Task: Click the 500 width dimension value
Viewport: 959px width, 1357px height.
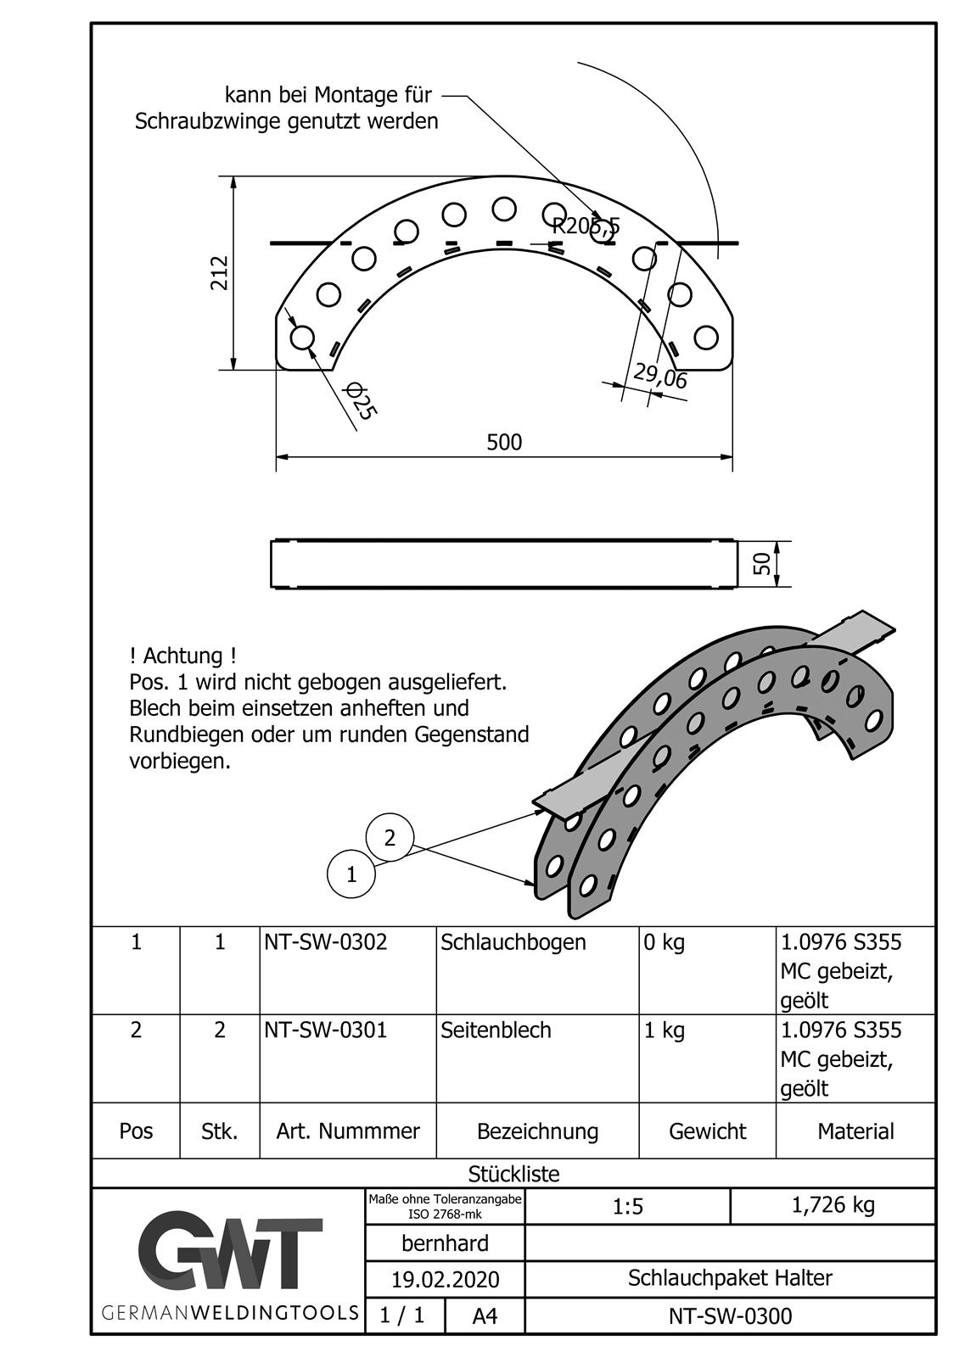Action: pyautogui.click(x=504, y=442)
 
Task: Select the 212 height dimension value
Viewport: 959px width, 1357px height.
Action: pyautogui.click(x=220, y=272)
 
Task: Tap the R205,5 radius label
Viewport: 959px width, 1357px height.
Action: pyautogui.click(x=586, y=226)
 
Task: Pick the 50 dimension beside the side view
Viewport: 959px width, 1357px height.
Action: pyautogui.click(x=762, y=563)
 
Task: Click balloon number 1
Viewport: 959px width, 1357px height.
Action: pyautogui.click(x=351, y=874)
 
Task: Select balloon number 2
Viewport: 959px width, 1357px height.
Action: pyautogui.click(x=390, y=838)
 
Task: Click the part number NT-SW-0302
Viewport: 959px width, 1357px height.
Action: pyautogui.click(x=326, y=942)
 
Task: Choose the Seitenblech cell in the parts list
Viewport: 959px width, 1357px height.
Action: pyautogui.click(x=496, y=1030)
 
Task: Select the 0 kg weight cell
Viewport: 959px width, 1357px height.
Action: pyautogui.click(x=665, y=942)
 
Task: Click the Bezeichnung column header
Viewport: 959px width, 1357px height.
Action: pyautogui.click(x=537, y=1131)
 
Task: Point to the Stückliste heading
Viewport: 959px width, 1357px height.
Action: pyautogui.click(x=513, y=1174)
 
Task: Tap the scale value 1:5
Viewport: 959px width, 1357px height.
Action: pyautogui.click(x=628, y=1206)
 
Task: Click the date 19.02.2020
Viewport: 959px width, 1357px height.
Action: pyautogui.click(x=445, y=1279)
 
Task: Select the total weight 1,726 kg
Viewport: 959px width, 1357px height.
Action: pyautogui.click(x=833, y=1205)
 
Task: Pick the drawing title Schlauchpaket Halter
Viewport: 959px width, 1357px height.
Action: pyautogui.click(x=730, y=1278)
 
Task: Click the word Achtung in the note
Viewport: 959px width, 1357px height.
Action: pyautogui.click(x=183, y=656)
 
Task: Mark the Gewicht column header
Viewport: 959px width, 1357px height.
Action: pyautogui.click(x=707, y=1131)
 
